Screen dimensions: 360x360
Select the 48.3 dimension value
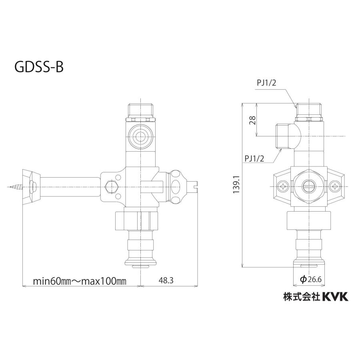[165, 281]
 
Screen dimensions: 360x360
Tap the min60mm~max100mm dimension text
[80, 281]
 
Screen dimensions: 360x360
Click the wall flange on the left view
[32, 186]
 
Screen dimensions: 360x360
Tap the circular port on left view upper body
[140, 136]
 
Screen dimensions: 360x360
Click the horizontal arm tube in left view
[70, 186]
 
